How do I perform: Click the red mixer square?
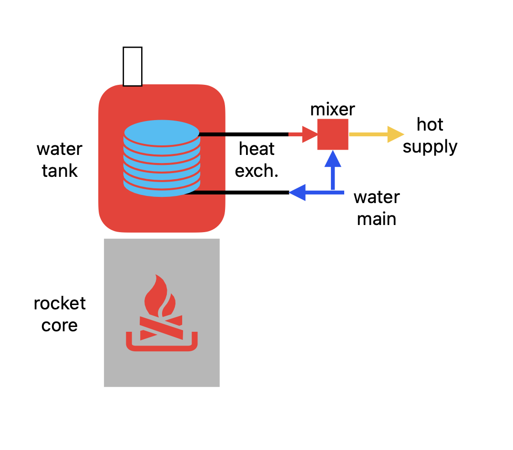click(x=333, y=134)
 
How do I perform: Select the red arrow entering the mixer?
click(x=303, y=134)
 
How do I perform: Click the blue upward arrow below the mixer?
click(x=333, y=172)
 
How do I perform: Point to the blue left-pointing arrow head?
click(x=298, y=193)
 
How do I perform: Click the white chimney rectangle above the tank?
click(x=133, y=66)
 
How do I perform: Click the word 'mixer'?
click(x=333, y=109)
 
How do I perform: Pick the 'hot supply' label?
click(x=430, y=135)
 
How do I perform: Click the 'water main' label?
click(x=377, y=208)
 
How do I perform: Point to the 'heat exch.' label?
click(x=257, y=160)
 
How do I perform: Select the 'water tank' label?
click(x=60, y=160)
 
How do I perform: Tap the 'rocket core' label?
click(x=60, y=314)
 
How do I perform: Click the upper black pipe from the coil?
click(x=243, y=134)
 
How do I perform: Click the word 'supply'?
click(x=430, y=147)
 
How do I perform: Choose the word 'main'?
click(x=377, y=219)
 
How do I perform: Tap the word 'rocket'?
click(x=60, y=303)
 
